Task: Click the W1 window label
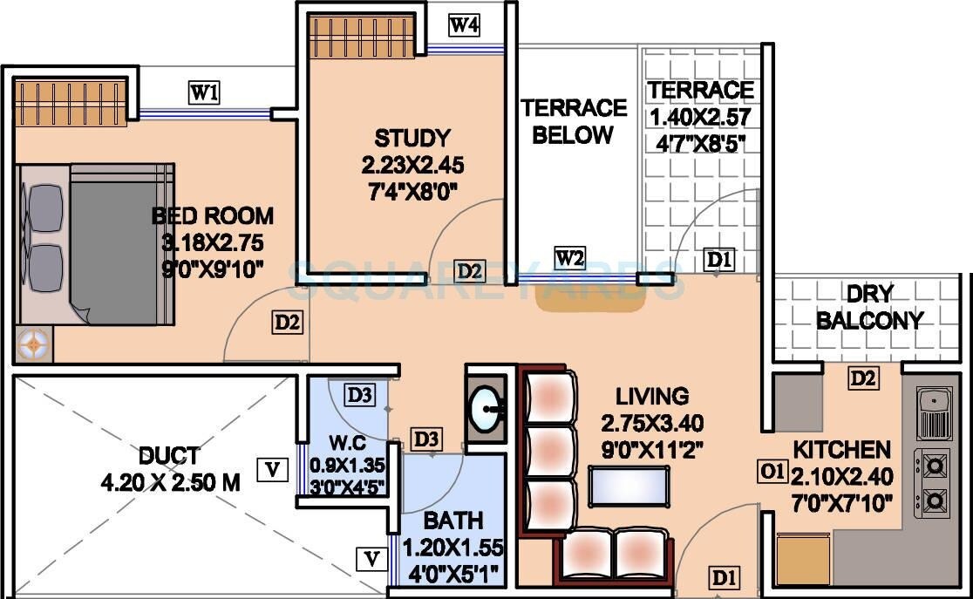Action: (x=204, y=92)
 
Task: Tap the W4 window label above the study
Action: (x=464, y=25)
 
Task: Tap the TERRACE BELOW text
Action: (x=574, y=121)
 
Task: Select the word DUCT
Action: (x=168, y=456)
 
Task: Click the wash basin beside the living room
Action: (x=486, y=407)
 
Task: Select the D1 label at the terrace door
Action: (x=719, y=259)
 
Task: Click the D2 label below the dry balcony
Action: (x=863, y=378)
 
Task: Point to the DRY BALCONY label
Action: (x=869, y=307)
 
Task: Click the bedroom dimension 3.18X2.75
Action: (x=207, y=242)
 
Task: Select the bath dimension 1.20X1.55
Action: (x=453, y=548)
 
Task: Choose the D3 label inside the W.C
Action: (x=359, y=395)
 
